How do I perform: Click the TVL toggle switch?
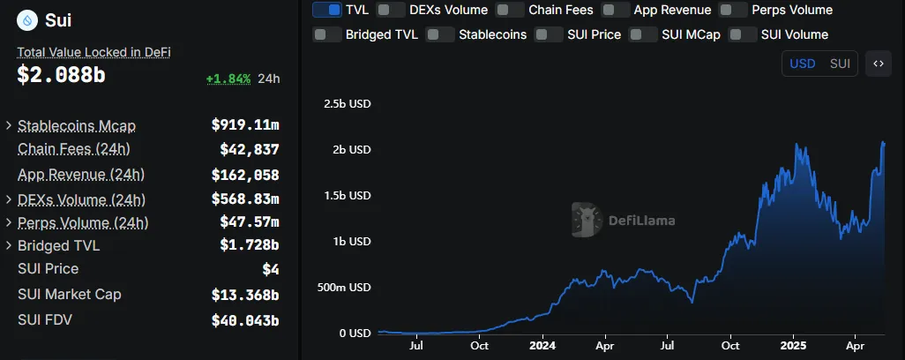(x=326, y=11)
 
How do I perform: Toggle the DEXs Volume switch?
(x=391, y=11)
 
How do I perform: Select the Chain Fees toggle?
(x=509, y=11)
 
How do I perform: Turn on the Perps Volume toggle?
(x=733, y=11)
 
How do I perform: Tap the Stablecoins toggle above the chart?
(x=439, y=35)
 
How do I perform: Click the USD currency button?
(x=802, y=64)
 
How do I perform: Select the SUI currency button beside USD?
(x=840, y=64)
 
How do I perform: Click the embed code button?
(x=878, y=64)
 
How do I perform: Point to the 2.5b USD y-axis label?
(x=348, y=103)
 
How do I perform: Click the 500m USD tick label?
(x=345, y=287)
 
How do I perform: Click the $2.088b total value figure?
(x=61, y=76)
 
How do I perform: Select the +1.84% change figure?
(x=228, y=79)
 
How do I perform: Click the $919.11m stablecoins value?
(x=245, y=125)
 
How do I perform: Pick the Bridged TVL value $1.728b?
(x=249, y=244)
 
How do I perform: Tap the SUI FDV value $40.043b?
(x=245, y=320)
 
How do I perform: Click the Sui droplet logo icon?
(x=27, y=19)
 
